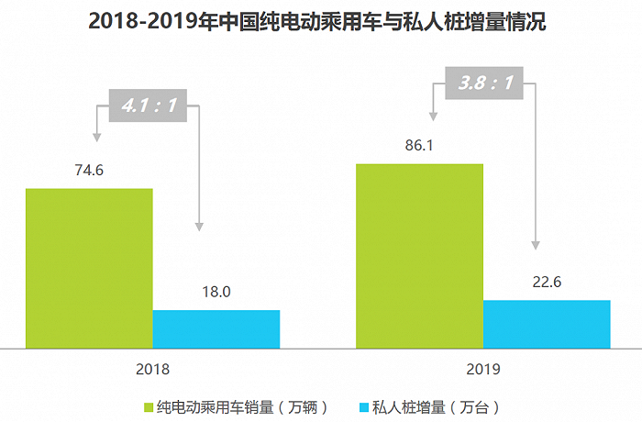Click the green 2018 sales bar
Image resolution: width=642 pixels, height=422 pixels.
click(x=89, y=268)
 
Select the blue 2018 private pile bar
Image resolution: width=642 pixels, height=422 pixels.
click(x=216, y=329)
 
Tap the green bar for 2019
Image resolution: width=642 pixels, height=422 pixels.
click(x=419, y=256)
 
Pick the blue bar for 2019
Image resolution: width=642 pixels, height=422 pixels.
click(x=547, y=324)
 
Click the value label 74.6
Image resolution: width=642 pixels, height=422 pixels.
click(x=89, y=170)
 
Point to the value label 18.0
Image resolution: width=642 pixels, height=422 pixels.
click(x=216, y=292)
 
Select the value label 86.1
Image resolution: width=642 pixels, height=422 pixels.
click(x=419, y=145)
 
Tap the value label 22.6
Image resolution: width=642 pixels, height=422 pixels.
click(x=547, y=282)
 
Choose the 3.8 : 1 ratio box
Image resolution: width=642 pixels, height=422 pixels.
click(x=484, y=85)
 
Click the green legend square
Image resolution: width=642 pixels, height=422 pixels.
click(x=149, y=405)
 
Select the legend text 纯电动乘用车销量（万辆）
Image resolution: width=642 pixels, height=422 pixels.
click(x=242, y=405)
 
